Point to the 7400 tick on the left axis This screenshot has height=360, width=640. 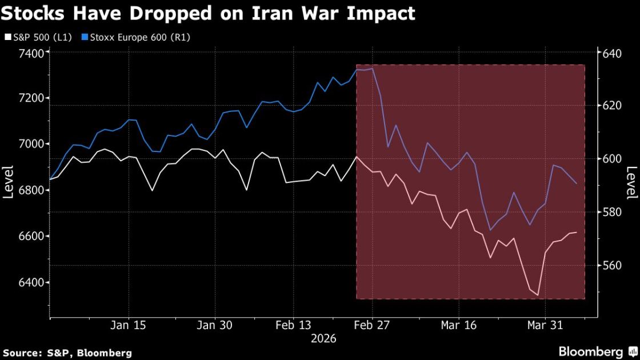pos(31,53)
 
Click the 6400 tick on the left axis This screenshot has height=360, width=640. pos(31,282)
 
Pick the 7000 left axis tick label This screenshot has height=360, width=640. pos(31,145)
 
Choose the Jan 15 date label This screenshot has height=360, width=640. pos(129,325)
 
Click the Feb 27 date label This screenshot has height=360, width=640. pos(372,325)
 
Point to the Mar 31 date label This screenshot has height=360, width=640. pos(546,325)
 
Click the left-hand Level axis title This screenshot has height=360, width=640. pos(8,182)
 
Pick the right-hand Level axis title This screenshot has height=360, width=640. pos(631,182)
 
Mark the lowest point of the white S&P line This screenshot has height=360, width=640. pos(538,295)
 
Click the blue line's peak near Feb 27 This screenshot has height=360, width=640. pos(373,69)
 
